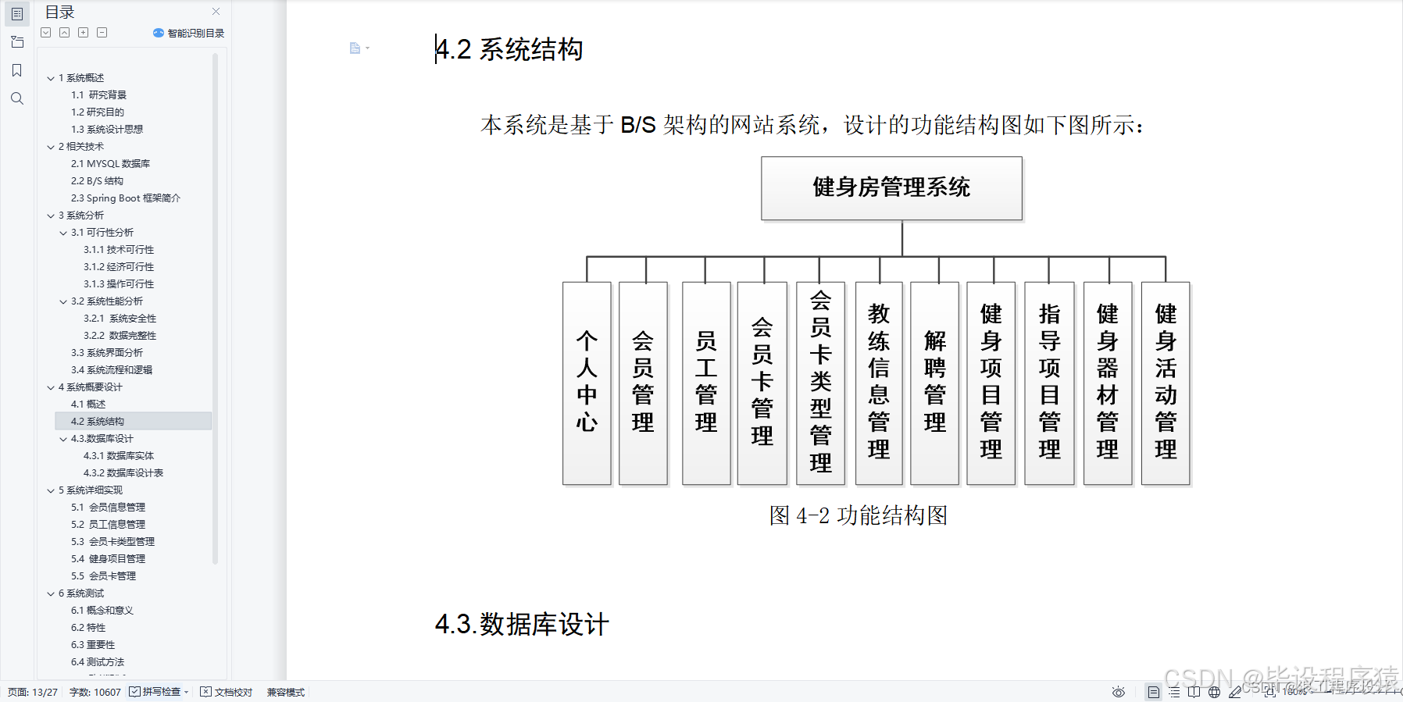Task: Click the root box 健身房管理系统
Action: coord(891,188)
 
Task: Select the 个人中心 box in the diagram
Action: coord(587,383)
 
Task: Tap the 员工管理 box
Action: coord(706,383)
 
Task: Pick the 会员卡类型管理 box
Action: coord(820,383)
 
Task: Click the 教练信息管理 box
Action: coord(879,383)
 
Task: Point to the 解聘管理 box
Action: coord(935,383)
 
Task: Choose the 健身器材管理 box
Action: coord(1108,383)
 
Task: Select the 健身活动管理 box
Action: coord(1166,383)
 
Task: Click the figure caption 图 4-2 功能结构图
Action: coord(858,515)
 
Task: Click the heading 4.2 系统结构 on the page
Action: coord(509,49)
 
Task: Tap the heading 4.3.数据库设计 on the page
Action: coord(522,625)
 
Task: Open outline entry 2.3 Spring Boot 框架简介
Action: coord(125,198)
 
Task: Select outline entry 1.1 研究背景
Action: coord(99,95)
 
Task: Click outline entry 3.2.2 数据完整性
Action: coord(120,336)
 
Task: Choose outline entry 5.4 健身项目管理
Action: coord(109,559)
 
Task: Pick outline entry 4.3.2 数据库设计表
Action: coord(123,473)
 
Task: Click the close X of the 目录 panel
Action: coord(216,12)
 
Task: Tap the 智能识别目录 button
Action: coord(189,33)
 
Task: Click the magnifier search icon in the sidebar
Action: coord(17,98)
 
